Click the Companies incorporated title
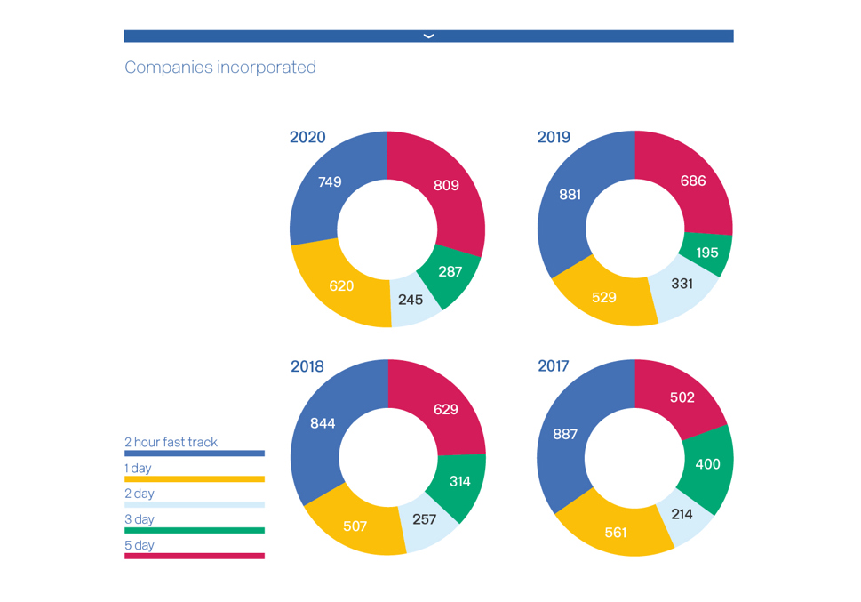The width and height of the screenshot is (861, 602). click(220, 68)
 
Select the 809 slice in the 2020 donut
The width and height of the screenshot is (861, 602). click(446, 185)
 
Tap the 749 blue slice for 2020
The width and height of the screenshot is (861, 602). click(330, 182)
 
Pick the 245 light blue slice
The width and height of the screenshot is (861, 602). click(411, 301)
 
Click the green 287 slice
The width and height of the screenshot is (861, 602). click(450, 271)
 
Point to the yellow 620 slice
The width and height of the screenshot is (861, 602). click(341, 286)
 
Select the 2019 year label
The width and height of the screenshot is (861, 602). click(554, 137)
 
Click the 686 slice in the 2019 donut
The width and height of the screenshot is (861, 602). click(693, 181)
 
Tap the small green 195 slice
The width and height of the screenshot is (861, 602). click(707, 253)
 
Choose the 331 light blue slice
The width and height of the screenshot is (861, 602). click(682, 285)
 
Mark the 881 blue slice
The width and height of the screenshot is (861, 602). click(570, 195)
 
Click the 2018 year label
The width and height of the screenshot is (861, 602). click(307, 366)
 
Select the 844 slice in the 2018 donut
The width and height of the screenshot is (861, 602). click(323, 423)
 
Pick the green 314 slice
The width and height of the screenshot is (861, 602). click(459, 481)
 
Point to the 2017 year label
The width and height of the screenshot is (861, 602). click(554, 366)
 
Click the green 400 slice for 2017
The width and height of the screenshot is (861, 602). click(707, 464)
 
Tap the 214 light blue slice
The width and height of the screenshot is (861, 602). click(682, 514)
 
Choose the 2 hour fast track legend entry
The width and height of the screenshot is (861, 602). click(171, 442)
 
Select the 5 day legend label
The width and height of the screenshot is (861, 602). click(140, 545)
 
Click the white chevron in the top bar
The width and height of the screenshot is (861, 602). click(428, 36)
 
